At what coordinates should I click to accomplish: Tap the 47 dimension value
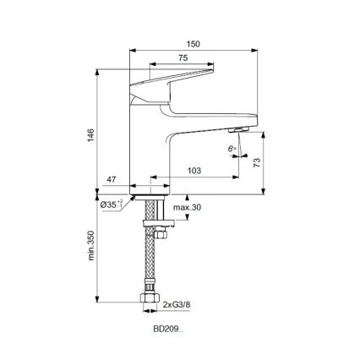coord(110,180)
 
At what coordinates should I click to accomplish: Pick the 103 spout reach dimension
coord(194,172)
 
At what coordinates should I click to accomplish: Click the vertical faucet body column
coord(150,144)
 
